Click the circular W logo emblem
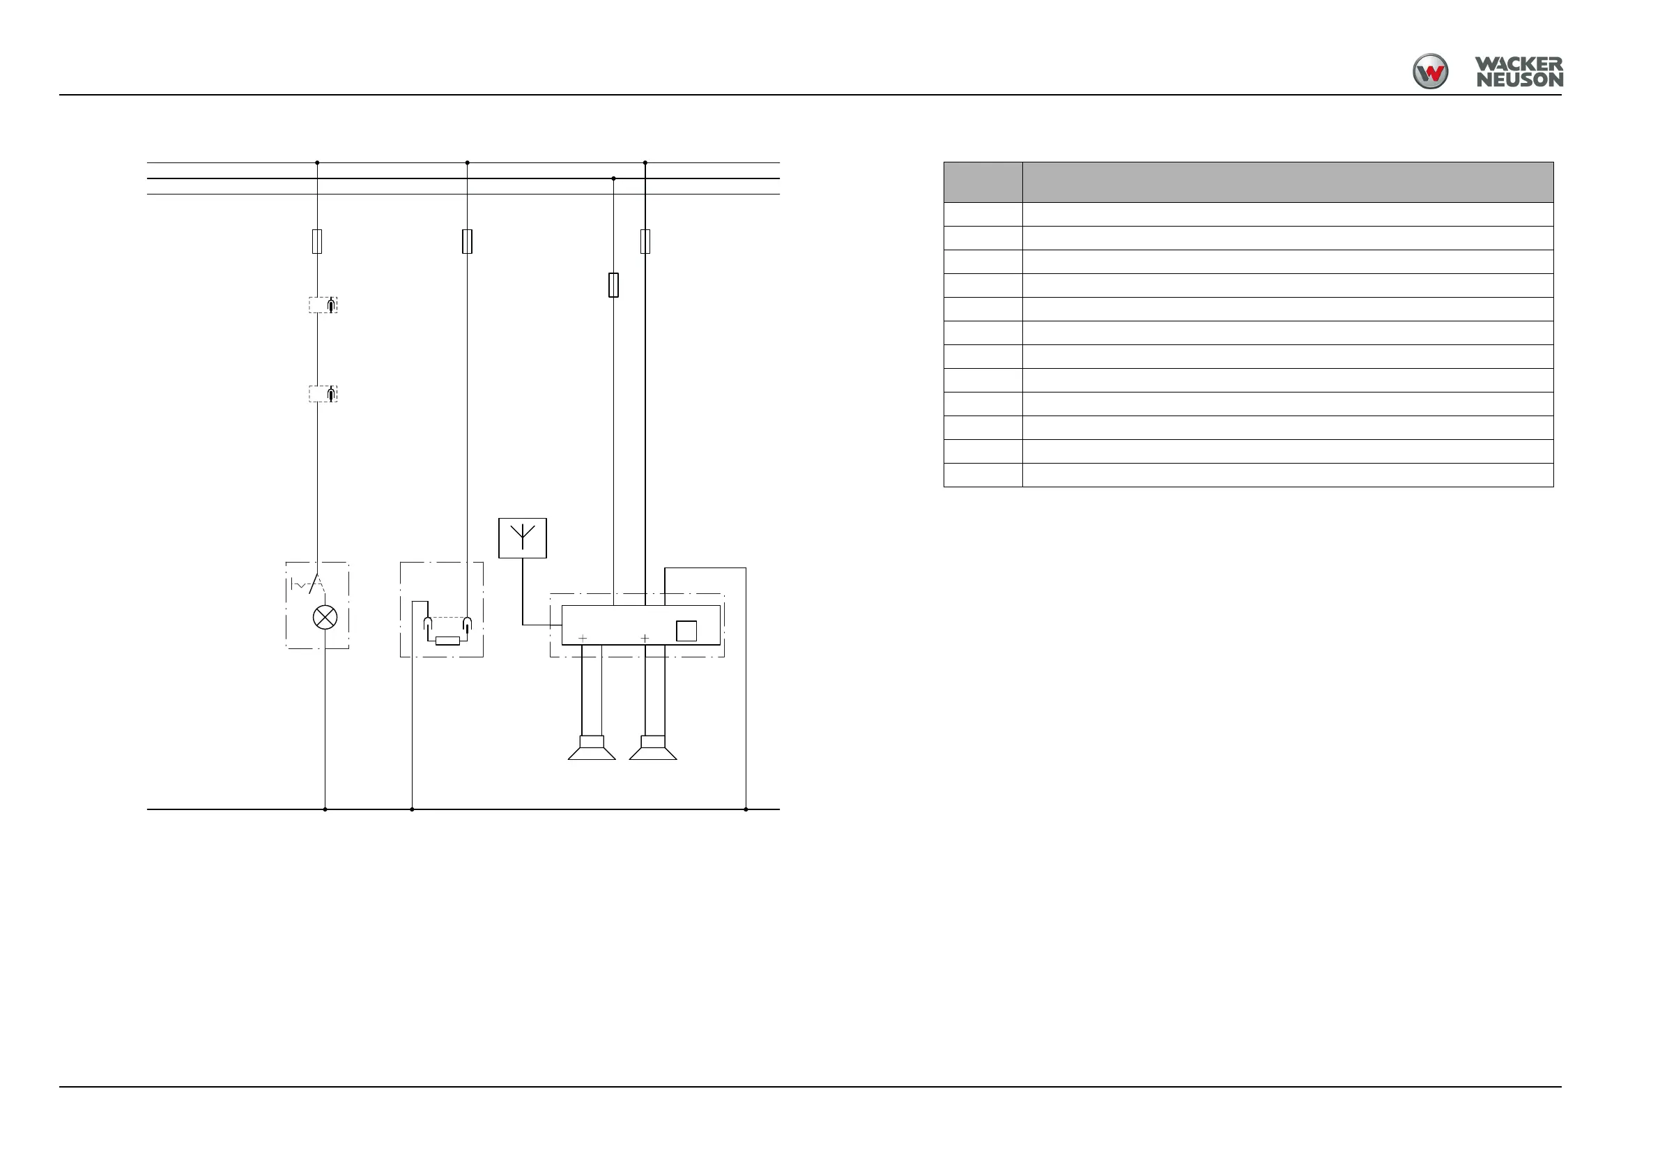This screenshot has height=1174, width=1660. tap(1429, 72)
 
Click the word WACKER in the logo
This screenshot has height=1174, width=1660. tap(1519, 64)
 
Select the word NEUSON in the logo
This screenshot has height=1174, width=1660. tap(1519, 80)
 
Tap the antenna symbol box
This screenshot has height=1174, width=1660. tap(522, 538)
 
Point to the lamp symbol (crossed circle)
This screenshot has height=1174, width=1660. tap(325, 617)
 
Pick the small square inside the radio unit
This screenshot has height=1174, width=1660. tap(686, 631)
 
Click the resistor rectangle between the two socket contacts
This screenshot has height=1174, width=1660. tap(447, 640)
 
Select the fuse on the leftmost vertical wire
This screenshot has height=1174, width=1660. tap(316, 241)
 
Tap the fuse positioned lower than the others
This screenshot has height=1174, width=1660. tap(613, 285)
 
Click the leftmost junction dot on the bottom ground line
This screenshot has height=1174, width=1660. tap(325, 809)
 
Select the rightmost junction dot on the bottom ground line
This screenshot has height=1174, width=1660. tap(746, 809)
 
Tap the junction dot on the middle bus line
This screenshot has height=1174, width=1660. tap(613, 178)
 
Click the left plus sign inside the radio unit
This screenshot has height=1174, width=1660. tap(583, 638)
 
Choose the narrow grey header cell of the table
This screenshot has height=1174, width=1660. tap(983, 181)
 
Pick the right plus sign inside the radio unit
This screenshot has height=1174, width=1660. tap(645, 638)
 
